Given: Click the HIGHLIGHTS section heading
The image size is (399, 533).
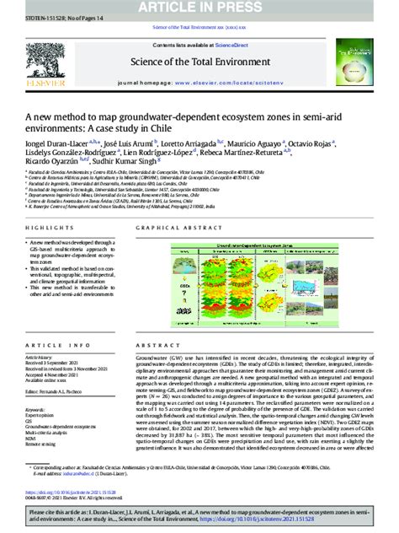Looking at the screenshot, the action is (42, 229).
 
